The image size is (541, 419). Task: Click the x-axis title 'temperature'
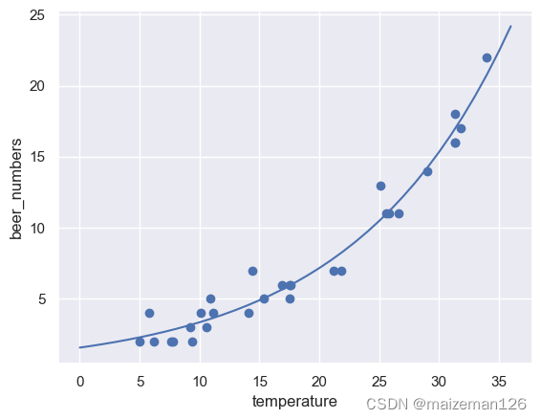click(294, 402)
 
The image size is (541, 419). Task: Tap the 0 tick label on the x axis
click(80, 382)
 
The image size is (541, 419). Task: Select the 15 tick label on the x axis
click(260, 382)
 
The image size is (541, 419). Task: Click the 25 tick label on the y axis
click(38, 15)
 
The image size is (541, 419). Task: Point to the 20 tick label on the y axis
click(38, 86)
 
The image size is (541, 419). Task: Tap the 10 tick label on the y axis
click(38, 228)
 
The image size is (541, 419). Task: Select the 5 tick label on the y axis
click(43, 298)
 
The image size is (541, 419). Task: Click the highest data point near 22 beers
click(487, 57)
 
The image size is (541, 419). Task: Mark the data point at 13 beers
click(380, 186)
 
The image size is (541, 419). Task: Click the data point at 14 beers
click(427, 171)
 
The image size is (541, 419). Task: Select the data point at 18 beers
click(455, 114)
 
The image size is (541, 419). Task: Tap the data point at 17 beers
click(461, 128)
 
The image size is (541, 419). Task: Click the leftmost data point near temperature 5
click(140, 342)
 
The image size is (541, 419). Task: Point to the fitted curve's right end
click(511, 26)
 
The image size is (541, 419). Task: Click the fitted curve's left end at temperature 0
click(80, 347)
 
